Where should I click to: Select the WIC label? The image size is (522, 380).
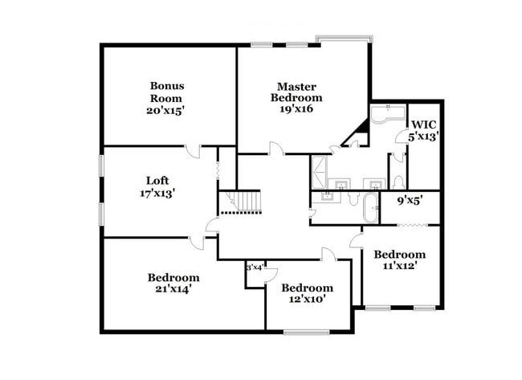click(x=423, y=125)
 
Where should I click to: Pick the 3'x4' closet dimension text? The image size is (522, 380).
click(x=255, y=267)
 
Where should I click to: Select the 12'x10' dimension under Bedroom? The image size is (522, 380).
click(x=307, y=300)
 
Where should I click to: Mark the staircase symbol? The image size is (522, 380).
click(x=242, y=202)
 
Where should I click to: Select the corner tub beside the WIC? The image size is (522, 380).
click(x=387, y=117)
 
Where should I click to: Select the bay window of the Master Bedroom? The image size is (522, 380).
click(x=343, y=39)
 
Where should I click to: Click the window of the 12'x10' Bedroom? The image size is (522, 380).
click(x=307, y=332)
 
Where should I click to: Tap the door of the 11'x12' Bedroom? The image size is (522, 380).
click(x=355, y=238)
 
